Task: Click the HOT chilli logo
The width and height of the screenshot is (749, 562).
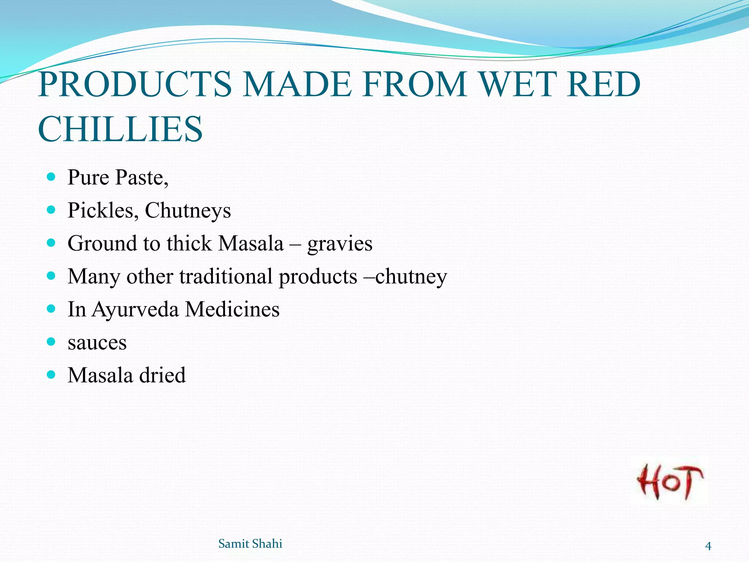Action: click(x=670, y=482)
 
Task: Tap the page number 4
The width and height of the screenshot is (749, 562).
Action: click(x=708, y=546)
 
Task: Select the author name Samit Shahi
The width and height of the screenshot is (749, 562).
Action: click(x=250, y=544)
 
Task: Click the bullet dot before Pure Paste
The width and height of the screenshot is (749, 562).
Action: click(x=51, y=177)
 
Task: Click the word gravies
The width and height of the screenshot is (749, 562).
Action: click(x=340, y=244)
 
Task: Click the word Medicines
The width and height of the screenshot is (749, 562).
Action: click(x=232, y=309)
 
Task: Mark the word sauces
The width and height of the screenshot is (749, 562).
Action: click(x=97, y=343)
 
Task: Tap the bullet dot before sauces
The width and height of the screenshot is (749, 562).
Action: click(x=51, y=342)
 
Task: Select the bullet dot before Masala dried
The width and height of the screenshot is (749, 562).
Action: click(x=51, y=375)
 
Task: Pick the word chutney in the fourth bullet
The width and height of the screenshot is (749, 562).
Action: click(x=411, y=277)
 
